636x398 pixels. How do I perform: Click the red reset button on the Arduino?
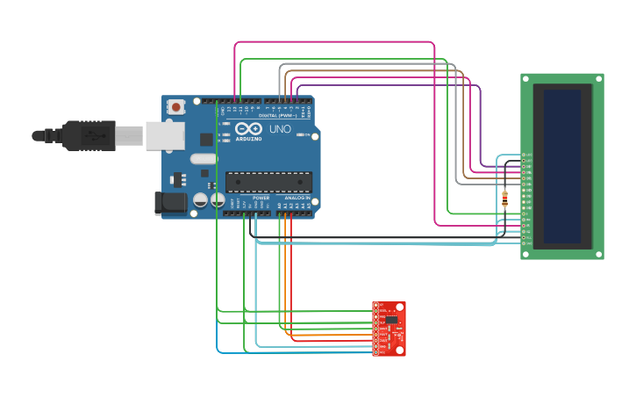point(176,107)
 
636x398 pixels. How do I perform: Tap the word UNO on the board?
point(280,129)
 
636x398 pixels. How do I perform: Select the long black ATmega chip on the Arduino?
point(268,182)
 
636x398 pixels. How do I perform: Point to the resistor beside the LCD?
point(504,199)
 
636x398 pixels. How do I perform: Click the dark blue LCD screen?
point(561,166)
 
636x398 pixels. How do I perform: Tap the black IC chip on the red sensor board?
point(391,321)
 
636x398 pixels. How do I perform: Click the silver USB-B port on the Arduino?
point(165,135)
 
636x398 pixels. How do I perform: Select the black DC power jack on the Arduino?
point(170,203)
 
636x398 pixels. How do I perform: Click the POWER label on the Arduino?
point(261,199)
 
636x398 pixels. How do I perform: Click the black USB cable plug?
point(88,135)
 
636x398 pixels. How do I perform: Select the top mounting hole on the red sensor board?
point(401,307)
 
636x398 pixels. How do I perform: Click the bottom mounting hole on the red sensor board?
point(401,350)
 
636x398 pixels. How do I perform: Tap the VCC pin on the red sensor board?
point(376,352)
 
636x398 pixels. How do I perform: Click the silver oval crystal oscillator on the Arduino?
point(203,159)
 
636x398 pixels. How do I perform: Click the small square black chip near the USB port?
point(206,139)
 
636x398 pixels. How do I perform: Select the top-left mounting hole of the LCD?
point(525,78)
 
